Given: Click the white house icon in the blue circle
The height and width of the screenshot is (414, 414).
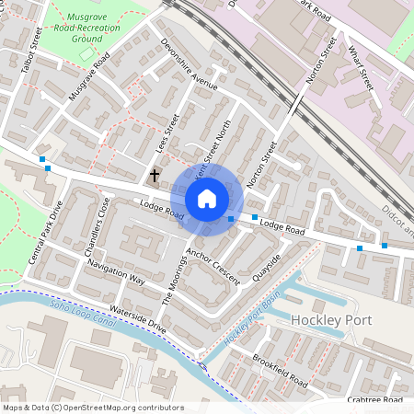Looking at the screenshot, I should [207, 198].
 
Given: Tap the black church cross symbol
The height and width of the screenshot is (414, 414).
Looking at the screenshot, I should [155, 174].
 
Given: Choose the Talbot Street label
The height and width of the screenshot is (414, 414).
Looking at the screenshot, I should [32, 51].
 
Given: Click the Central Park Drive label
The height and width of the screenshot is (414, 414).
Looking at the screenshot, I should [44, 232].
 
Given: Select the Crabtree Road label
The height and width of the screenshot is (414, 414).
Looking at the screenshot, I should [376, 400].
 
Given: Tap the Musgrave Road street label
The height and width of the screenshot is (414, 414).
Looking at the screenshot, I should [88, 76].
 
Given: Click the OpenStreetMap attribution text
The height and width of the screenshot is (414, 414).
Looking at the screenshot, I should [92, 407].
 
